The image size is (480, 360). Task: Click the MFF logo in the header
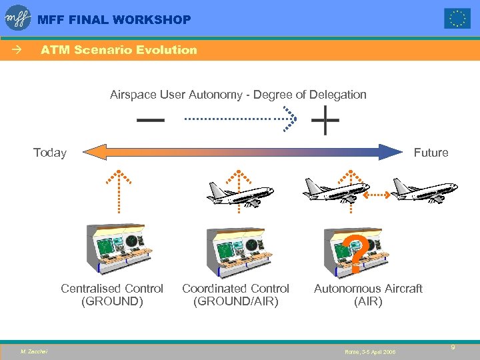(18, 18)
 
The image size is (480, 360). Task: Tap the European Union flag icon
(457, 19)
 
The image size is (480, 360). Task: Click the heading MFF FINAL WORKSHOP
(114, 20)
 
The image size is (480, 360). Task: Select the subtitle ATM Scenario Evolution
(119, 50)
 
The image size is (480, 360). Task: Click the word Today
(50, 153)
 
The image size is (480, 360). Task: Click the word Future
(431, 153)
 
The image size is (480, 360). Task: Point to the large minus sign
(151, 121)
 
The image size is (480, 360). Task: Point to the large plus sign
(325, 121)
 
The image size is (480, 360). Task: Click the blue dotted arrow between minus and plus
(240, 119)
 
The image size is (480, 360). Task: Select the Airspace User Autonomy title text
(238, 95)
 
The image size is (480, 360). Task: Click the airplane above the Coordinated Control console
(240, 193)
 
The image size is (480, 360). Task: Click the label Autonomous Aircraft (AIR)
(368, 295)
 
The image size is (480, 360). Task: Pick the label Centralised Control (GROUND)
(112, 295)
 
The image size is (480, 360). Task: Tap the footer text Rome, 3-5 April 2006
(370, 351)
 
